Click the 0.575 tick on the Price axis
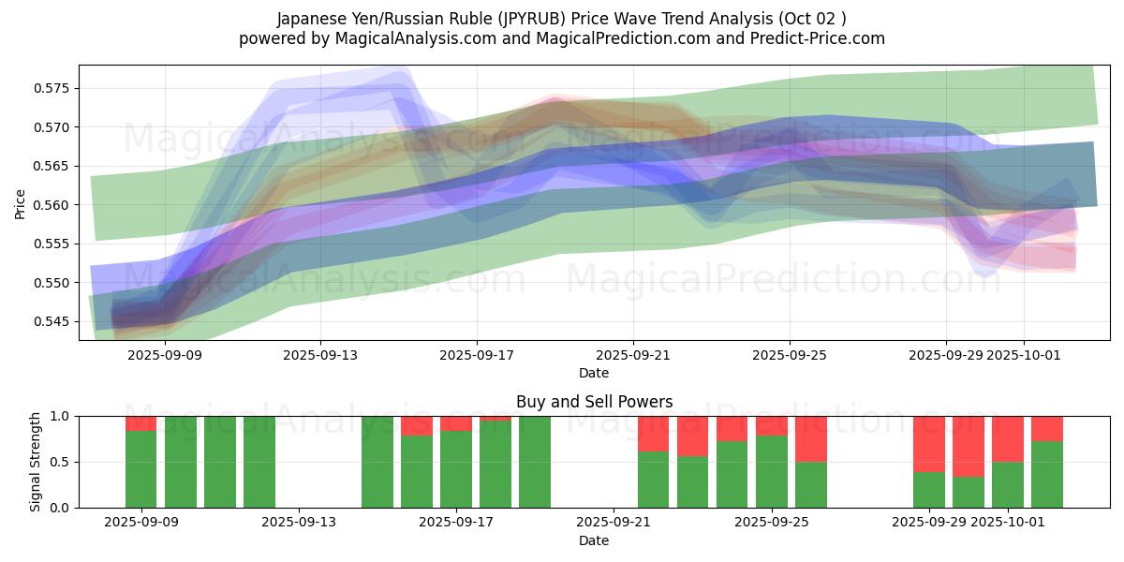[52, 89]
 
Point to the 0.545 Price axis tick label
[52, 322]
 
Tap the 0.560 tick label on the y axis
[52, 205]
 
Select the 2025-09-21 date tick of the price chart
[633, 355]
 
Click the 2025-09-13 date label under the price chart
[320, 355]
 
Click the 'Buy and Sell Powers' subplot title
[594, 402]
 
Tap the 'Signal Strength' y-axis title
[35, 462]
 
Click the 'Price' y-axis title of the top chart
[21, 203]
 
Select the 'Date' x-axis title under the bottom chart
[594, 540]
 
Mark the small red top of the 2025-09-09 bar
[140, 423]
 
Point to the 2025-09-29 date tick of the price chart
[945, 355]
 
